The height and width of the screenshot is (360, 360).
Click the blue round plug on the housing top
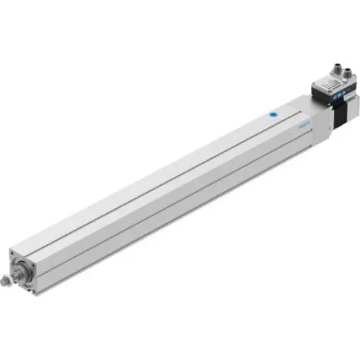pyautogui.click(x=270, y=112)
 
